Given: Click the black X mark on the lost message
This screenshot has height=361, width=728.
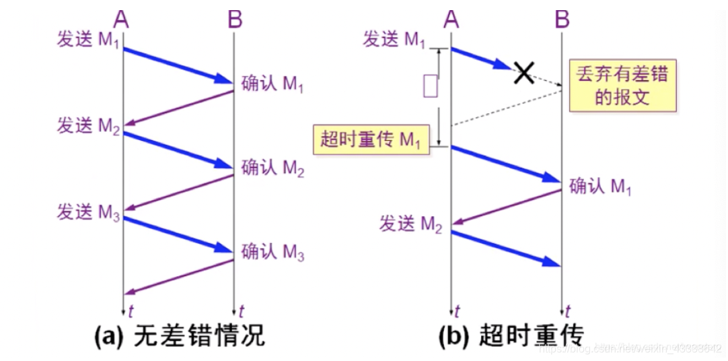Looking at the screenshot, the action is pyautogui.click(x=523, y=71).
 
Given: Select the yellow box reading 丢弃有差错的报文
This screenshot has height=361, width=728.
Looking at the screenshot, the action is pyautogui.click(x=622, y=85).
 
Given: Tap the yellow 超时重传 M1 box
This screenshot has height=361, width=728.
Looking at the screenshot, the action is pyautogui.click(x=371, y=140).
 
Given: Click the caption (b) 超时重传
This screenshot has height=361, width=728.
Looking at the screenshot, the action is pyautogui.click(x=511, y=335).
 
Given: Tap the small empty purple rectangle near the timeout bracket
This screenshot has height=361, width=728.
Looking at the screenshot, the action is pyautogui.click(x=431, y=87).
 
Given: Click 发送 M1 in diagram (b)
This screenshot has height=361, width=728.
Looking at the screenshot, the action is pyautogui.click(x=395, y=40).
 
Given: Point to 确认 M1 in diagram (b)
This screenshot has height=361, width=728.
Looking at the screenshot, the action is pyautogui.click(x=600, y=186).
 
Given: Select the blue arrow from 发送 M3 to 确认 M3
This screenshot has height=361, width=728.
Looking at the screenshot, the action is pyautogui.click(x=178, y=235).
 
